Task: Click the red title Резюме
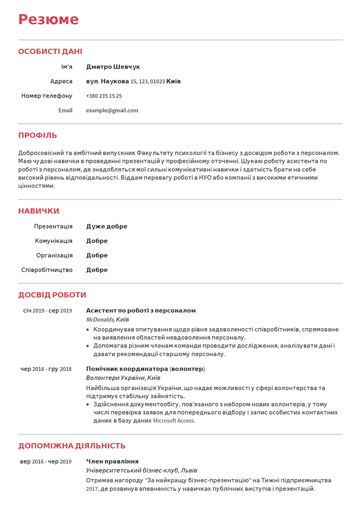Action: tap(49, 20)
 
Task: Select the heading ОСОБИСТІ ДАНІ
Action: tap(50, 52)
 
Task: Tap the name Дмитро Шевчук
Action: tap(113, 67)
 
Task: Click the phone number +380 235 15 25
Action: tap(104, 96)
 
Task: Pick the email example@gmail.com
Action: tap(112, 110)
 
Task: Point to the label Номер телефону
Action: tap(47, 96)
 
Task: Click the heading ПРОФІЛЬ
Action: tap(38, 136)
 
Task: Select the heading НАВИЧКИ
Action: tap(39, 211)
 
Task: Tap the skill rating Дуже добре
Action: tap(107, 226)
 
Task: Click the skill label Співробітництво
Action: tap(47, 270)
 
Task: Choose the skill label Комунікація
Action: tap(54, 241)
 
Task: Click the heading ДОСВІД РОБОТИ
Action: tap(52, 295)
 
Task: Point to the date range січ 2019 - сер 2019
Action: tap(48, 311)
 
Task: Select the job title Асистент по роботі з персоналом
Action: tap(141, 311)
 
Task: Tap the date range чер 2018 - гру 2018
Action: tap(46, 369)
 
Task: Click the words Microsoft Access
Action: tap(174, 421)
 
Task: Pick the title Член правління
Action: tap(112, 461)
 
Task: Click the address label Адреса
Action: tap(61, 81)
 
